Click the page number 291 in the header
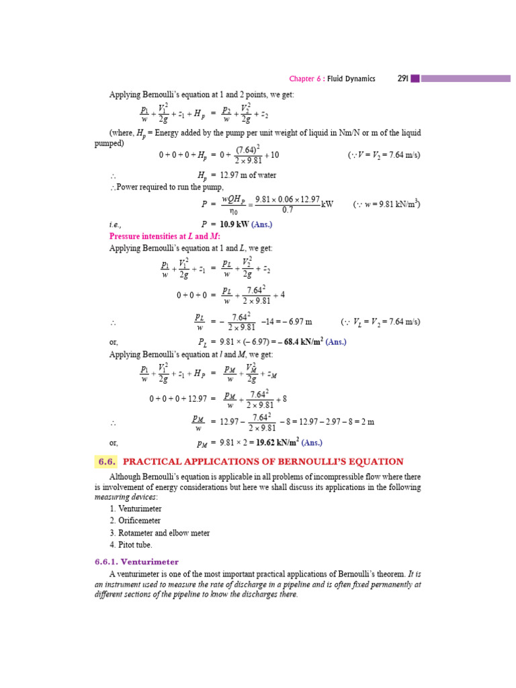(x=403, y=79)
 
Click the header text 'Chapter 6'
(x=305, y=79)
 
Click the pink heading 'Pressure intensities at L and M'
(x=165, y=236)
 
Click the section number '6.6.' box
(x=107, y=462)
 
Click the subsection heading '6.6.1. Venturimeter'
(x=136, y=561)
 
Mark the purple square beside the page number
(x=415, y=79)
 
